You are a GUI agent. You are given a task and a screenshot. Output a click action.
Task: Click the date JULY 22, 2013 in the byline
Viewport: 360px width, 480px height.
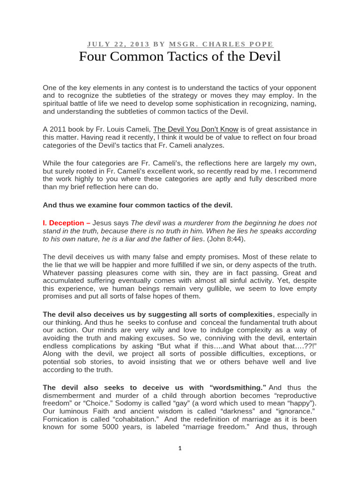[118, 44]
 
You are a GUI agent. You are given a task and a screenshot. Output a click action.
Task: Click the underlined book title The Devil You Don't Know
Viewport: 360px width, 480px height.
[196, 129]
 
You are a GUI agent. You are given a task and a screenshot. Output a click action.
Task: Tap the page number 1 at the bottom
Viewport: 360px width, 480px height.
[180, 448]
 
